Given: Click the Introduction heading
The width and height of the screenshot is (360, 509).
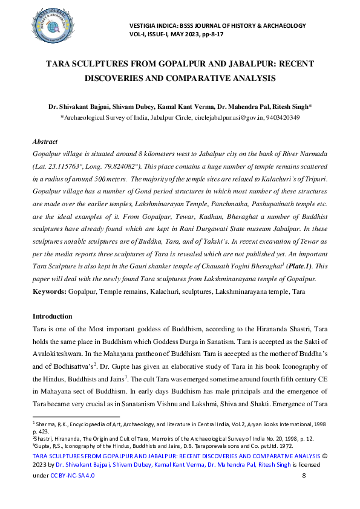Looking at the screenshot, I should point(52,316).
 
